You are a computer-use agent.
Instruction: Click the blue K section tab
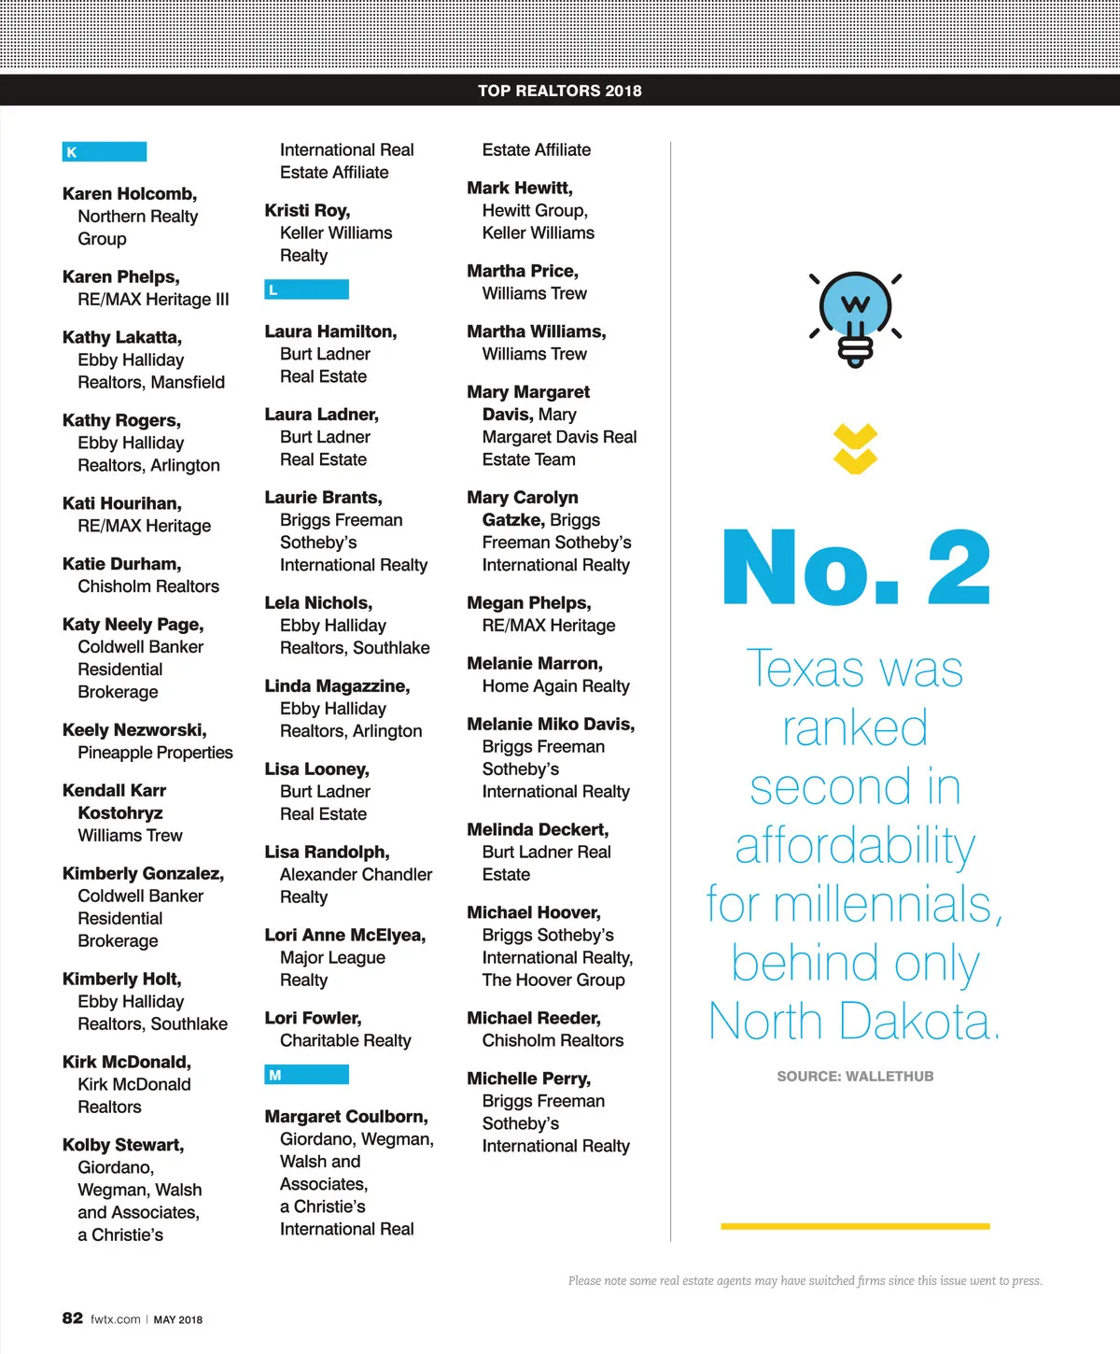(x=104, y=151)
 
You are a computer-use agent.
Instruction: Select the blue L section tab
(x=306, y=289)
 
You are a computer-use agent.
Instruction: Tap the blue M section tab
(x=306, y=1075)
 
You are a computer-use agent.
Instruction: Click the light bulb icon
(x=855, y=318)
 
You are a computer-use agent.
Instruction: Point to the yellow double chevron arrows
(x=855, y=449)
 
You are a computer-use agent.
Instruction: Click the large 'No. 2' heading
(x=855, y=569)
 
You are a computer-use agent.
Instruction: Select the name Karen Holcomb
(x=130, y=194)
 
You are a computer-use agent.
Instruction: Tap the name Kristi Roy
(x=307, y=211)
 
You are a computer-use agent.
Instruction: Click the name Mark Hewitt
(x=520, y=189)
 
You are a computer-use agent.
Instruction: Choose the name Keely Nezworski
(x=134, y=730)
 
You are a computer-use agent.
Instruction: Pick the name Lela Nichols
(x=318, y=603)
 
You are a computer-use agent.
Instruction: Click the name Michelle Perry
(x=529, y=1079)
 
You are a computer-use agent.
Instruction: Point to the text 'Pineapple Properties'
(x=155, y=753)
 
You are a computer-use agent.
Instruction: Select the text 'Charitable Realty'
(x=345, y=1040)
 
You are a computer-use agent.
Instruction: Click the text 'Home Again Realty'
(x=555, y=686)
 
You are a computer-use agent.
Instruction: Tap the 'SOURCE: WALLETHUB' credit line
(x=855, y=1077)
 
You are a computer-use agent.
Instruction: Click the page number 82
(x=73, y=1318)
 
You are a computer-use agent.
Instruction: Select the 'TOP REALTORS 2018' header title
(x=560, y=91)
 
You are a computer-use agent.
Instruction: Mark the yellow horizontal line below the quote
(x=855, y=1226)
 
